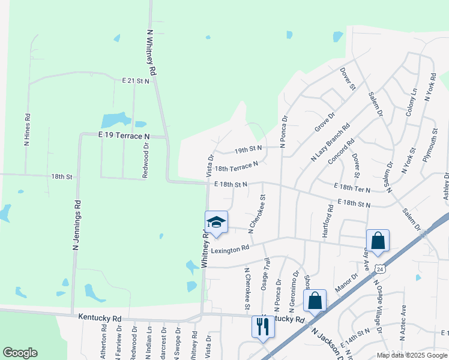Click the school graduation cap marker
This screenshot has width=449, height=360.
click(x=216, y=223)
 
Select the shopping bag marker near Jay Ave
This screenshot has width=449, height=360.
click(x=378, y=241)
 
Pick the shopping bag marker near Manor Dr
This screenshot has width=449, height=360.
click(x=315, y=302)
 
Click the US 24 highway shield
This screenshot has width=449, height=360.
click(x=378, y=268)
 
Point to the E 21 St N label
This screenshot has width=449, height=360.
click(x=135, y=80)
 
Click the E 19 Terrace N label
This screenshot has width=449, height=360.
click(x=124, y=136)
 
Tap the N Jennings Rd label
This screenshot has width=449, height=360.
click(x=76, y=229)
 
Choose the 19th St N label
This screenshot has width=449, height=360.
click(x=249, y=148)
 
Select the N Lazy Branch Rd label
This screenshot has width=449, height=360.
click(x=330, y=143)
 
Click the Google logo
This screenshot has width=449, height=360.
click(x=20, y=353)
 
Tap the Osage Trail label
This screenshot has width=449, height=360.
click(x=265, y=274)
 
